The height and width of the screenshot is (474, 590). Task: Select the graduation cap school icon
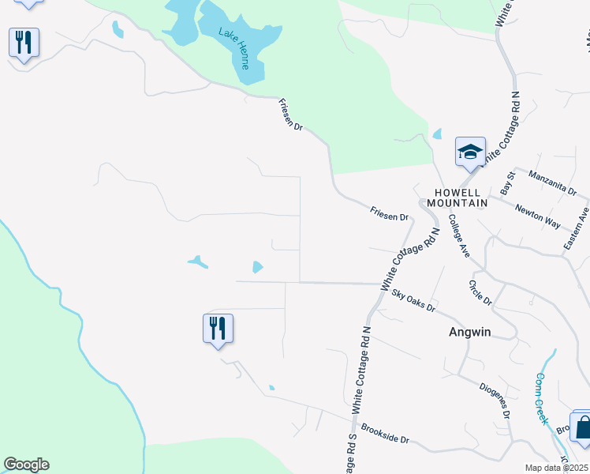click(470, 151)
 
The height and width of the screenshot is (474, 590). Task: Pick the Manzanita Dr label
click(552, 183)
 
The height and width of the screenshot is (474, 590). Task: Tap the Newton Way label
click(538, 216)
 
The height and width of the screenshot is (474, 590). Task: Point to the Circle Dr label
click(480, 292)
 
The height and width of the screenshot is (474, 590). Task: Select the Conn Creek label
click(541, 399)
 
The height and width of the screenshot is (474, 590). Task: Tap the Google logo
click(26, 465)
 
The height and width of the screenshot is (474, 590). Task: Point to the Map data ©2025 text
click(556, 468)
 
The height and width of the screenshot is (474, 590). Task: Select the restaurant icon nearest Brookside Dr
click(218, 328)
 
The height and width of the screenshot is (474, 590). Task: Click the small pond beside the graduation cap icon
click(437, 134)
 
